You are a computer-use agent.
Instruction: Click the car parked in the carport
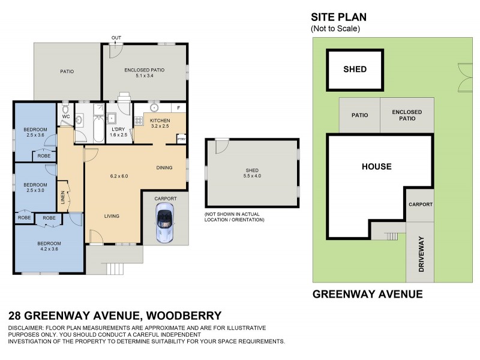click(165, 223)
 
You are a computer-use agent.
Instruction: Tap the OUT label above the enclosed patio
click(115, 38)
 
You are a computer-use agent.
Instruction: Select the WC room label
click(66, 116)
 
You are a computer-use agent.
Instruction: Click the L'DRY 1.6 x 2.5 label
click(119, 132)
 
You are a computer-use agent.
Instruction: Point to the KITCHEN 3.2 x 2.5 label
click(160, 124)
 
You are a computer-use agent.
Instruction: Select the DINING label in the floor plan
click(164, 167)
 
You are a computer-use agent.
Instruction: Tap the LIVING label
click(112, 216)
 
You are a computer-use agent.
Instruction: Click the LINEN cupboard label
click(62, 197)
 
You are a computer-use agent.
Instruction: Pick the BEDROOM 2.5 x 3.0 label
click(35, 187)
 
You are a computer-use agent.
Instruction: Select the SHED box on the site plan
click(355, 70)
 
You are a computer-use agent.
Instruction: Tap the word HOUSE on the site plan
click(376, 167)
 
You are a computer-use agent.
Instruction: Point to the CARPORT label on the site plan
click(420, 204)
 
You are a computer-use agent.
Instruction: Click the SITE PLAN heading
click(338, 17)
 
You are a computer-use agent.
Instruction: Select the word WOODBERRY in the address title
click(181, 316)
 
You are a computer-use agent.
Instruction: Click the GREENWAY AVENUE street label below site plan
click(368, 294)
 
